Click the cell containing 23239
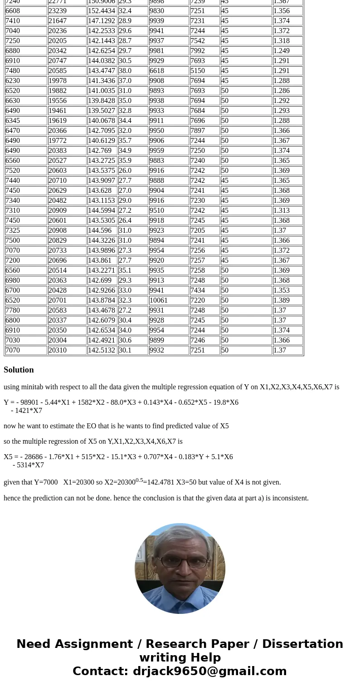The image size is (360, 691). (67, 11)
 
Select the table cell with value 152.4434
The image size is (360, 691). (102, 11)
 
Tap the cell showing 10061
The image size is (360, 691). (169, 300)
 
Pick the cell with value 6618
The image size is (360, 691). (169, 71)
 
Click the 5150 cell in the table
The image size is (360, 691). (204, 71)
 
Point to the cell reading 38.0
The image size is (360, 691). (133, 71)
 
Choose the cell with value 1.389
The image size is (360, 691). (287, 300)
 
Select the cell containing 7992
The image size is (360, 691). (204, 51)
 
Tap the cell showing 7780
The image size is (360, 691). (26, 310)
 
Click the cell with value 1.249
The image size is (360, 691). (287, 51)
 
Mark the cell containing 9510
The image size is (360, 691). (169, 211)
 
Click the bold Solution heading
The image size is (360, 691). (19, 370)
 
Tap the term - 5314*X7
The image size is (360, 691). (28, 465)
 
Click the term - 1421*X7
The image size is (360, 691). (26, 411)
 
